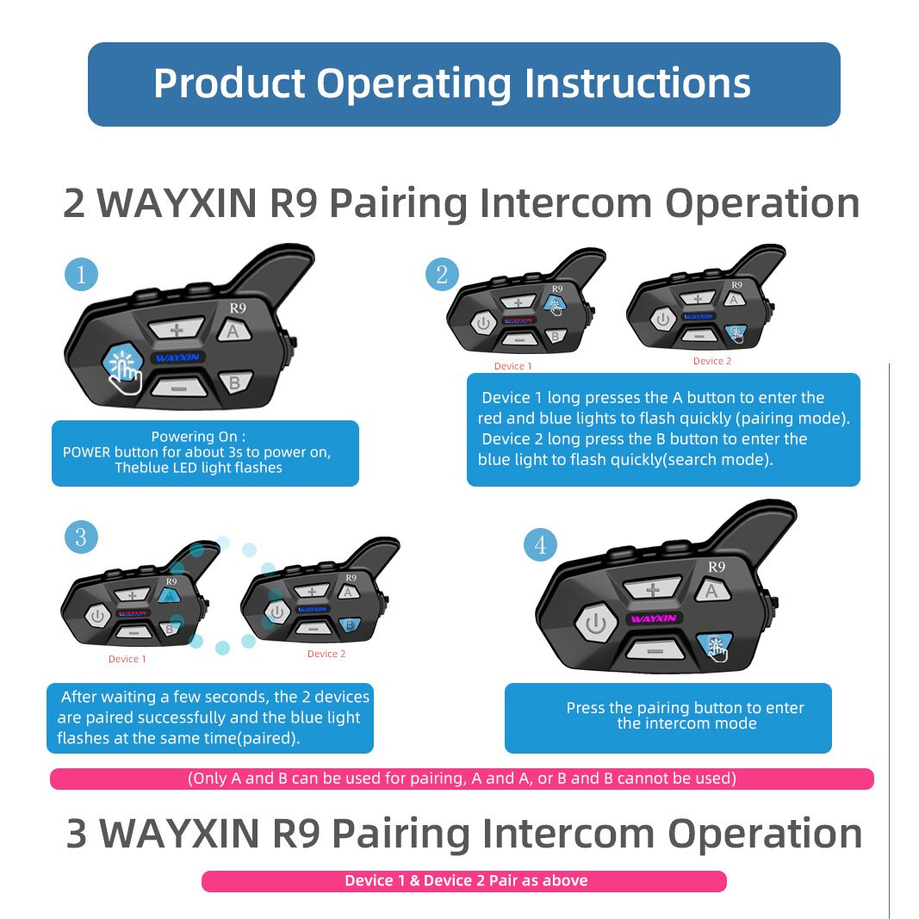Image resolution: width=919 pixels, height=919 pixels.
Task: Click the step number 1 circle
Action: [81, 275]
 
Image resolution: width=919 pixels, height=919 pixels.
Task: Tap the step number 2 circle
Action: [442, 275]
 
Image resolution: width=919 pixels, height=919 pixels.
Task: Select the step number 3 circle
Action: [81, 537]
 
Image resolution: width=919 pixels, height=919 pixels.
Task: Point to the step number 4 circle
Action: [540, 544]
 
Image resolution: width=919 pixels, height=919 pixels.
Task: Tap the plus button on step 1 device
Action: [177, 330]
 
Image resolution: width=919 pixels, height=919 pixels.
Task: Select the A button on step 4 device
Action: [711, 591]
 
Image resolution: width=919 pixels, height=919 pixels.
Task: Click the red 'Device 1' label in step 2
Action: [513, 366]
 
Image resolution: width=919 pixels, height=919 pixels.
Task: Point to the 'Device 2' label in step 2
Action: [712, 361]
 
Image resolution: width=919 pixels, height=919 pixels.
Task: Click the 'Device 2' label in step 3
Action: [326, 654]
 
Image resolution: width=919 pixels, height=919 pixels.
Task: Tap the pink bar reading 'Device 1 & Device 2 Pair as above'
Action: [464, 880]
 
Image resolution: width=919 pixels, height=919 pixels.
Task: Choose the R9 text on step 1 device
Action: [237, 307]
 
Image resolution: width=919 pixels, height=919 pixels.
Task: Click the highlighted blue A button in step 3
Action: [169, 594]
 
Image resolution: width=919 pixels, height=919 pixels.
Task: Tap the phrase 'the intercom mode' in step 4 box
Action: [686, 723]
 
